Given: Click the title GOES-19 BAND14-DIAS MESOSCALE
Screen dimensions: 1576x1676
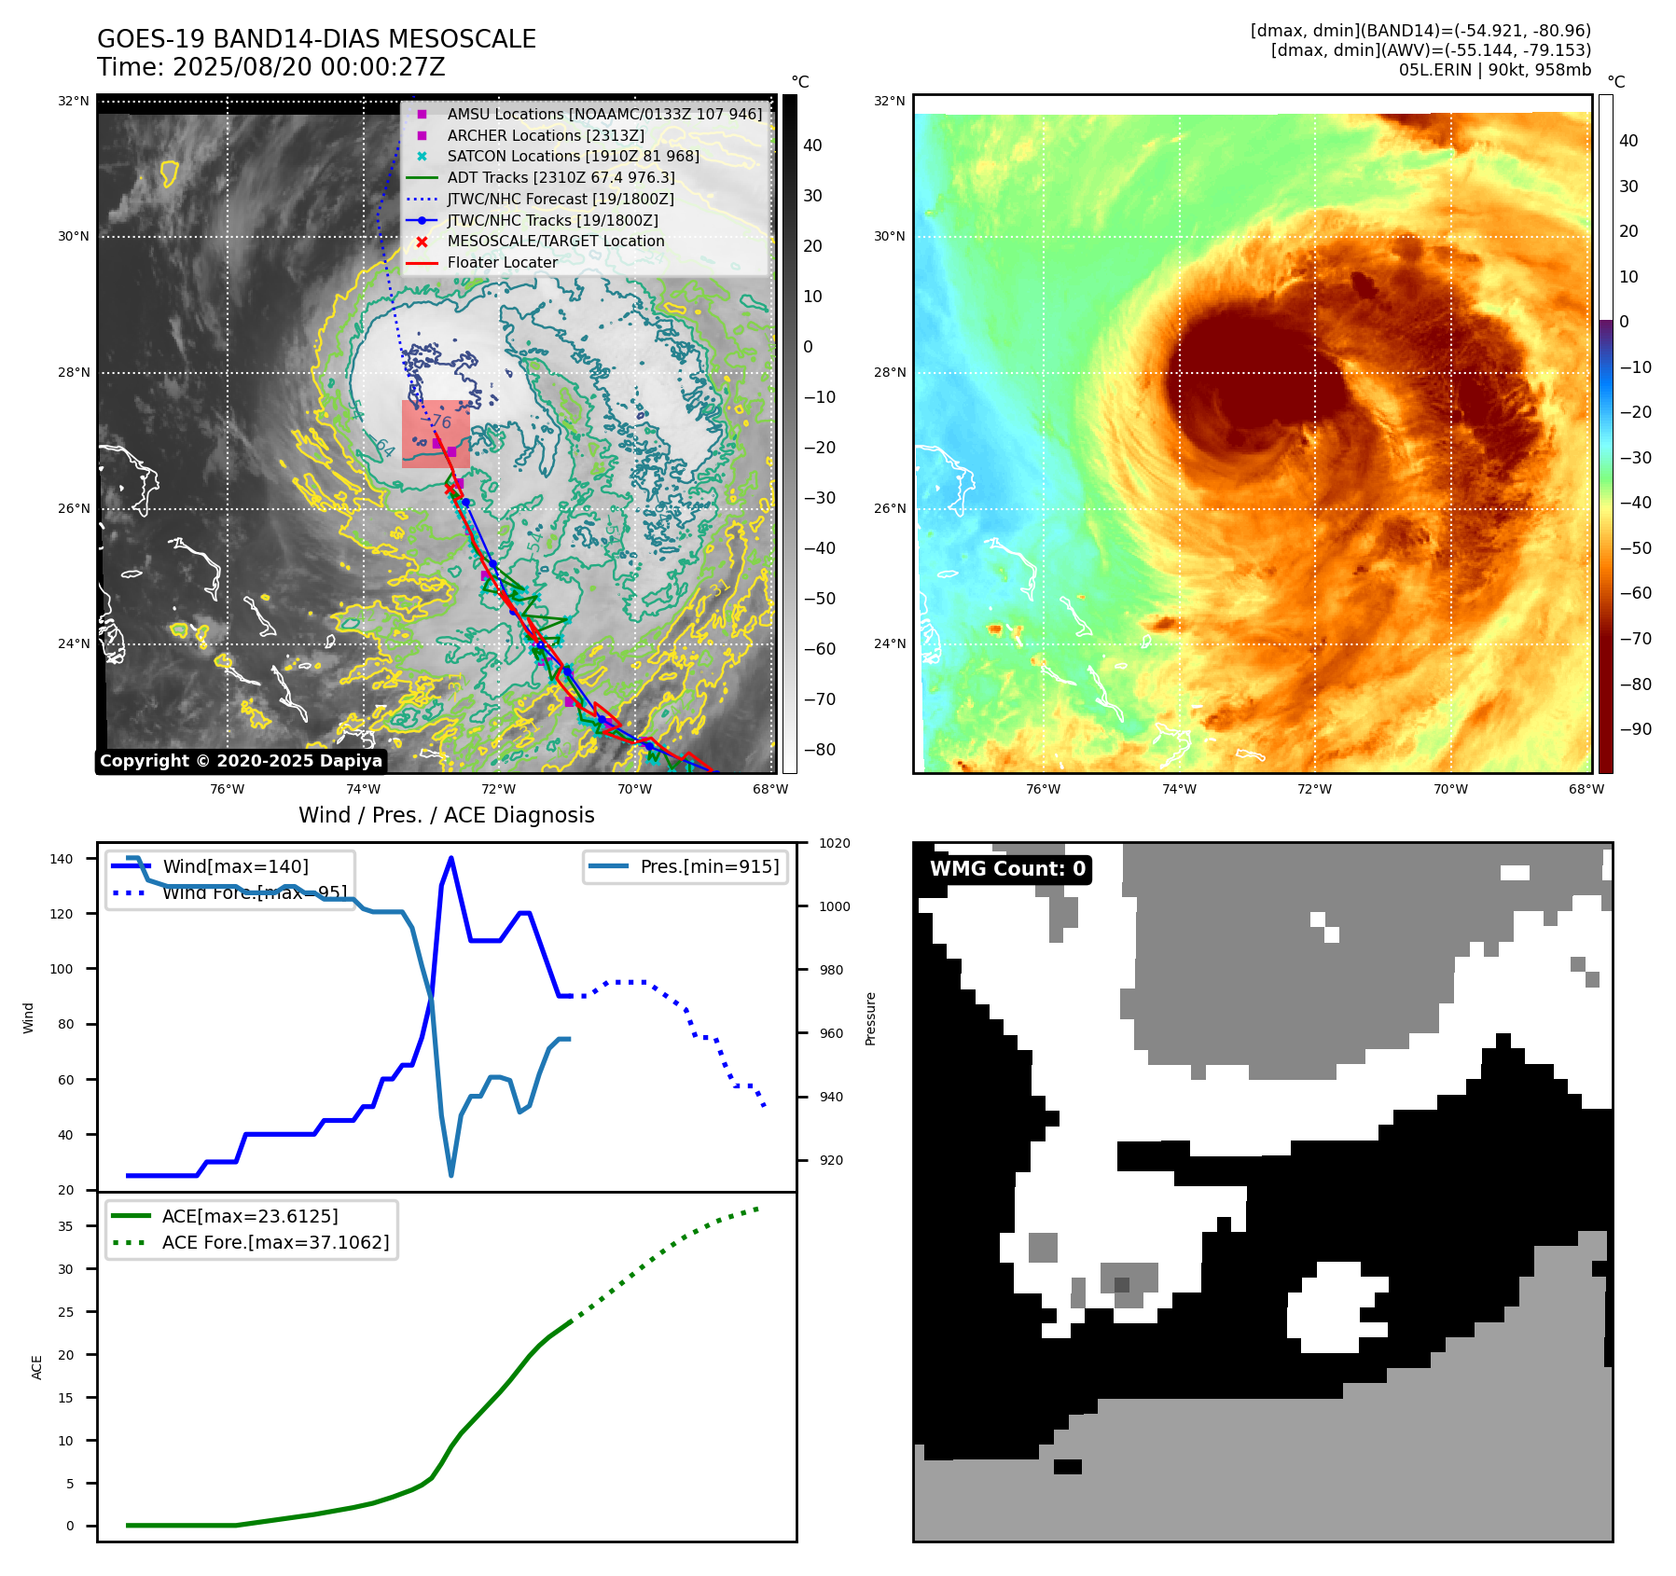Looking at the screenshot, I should tap(316, 39).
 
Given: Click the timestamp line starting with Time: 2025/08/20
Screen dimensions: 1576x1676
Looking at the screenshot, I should tap(270, 67).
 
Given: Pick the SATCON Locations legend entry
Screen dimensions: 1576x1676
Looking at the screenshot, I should tap(573, 157).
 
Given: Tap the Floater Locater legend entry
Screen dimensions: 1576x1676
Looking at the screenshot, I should tap(502, 263).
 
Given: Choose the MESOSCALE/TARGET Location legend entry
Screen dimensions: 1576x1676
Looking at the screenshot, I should tap(555, 242).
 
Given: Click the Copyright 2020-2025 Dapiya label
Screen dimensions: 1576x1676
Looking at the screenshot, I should tap(241, 761).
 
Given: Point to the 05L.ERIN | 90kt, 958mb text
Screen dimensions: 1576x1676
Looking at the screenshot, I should tap(1494, 70).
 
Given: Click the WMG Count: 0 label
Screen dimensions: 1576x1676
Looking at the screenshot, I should tap(1007, 869).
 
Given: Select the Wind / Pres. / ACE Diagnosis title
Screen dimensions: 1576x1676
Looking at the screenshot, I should tap(446, 815).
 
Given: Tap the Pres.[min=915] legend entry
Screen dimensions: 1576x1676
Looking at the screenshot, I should tap(709, 866).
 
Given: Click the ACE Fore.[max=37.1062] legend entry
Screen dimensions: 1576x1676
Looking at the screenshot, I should tap(275, 1242).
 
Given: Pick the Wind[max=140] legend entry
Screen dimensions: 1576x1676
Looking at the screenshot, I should tap(235, 866).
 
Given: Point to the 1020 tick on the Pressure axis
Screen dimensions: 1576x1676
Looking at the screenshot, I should tap(834, 843).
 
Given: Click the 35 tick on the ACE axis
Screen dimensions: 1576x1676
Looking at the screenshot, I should tap(65, 1226).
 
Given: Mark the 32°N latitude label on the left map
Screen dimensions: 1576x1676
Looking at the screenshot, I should tap(74, 101).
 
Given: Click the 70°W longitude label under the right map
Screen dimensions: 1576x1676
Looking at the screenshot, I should tap(1449, 789).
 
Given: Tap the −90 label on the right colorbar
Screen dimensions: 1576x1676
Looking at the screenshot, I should tap(1635, 729).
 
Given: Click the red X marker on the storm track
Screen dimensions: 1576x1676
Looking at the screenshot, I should tap(450, 489).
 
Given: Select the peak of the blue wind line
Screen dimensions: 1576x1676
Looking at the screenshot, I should tap(451, 857).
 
